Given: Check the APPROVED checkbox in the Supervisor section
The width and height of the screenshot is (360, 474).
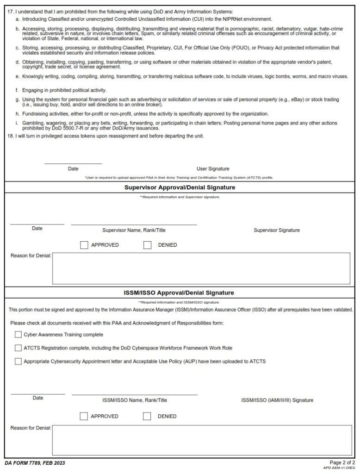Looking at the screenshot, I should click(x=84, y=245).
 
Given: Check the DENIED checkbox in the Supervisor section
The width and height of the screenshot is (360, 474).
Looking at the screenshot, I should click(x=148, y=245).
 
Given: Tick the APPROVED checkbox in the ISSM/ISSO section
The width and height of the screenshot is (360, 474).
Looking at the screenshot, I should click(x=84, y=416).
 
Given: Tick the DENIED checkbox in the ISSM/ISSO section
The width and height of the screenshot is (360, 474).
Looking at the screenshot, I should click(x=147, y=416).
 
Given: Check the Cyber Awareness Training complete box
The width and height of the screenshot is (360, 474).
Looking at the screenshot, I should click(x=18, y=334).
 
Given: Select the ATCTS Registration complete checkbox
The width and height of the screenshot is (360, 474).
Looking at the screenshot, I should click(x=18, y=348).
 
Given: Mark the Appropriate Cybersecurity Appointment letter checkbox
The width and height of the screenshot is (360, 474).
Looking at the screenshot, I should click(x=18, y=361).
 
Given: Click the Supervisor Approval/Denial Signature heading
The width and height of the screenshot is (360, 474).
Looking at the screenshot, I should click(x=180, y=187).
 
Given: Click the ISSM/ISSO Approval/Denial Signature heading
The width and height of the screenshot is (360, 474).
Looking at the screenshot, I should click(x=179, y=293).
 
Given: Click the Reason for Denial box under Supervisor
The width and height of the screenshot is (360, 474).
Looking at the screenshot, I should click(x=201, y=268).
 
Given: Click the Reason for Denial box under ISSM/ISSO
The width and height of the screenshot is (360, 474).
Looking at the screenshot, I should click(x=201, y=440).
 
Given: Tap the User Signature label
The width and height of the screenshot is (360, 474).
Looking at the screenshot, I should click(x=213, y=169).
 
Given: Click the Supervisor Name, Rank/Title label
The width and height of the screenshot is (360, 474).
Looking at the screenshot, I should click(x=134, y=230).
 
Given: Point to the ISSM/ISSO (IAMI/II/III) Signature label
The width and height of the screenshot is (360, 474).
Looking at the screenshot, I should click(x=277, y=400).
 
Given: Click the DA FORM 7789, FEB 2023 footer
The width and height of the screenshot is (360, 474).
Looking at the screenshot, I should click(x=35, y=463).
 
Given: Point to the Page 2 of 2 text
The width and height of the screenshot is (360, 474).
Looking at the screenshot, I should click(x=342, y=462).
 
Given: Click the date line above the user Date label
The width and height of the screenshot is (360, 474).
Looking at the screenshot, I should click(x=73, y=163).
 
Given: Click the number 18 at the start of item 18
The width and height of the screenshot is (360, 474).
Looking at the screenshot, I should click(x=11, y=136).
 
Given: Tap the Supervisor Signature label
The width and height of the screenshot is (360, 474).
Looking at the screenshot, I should click(x=276, y=230).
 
